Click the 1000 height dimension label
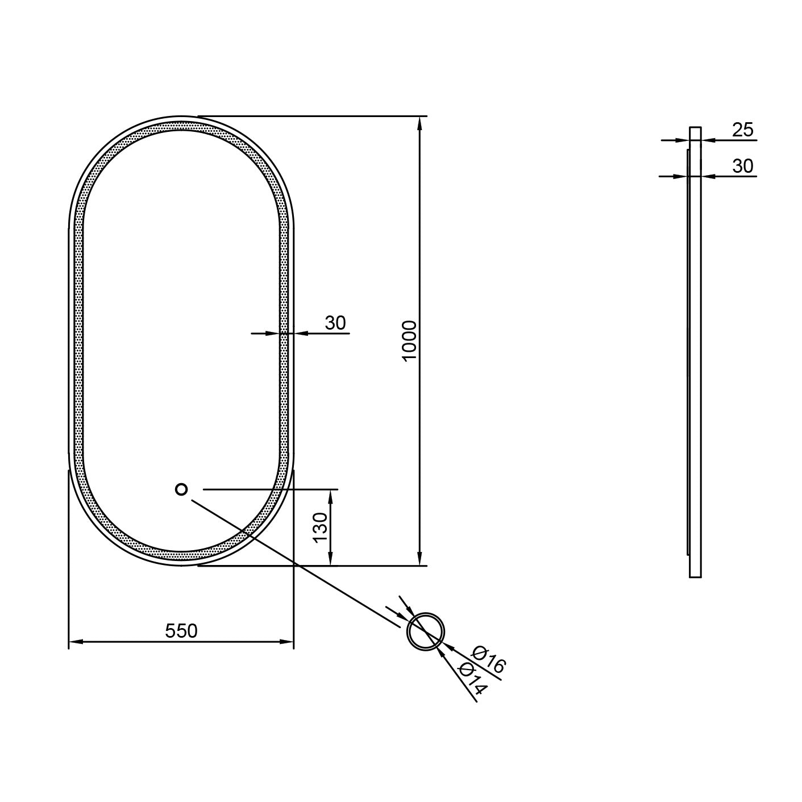point(409,339)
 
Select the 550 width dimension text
point(181,630)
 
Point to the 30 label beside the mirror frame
point(335,323)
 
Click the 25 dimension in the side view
point(742,130)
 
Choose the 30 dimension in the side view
point(742,166)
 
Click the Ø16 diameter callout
point(489,660)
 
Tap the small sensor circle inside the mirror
point(181,489)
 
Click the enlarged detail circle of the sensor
point(426,631)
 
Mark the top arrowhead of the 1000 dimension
point(419,123)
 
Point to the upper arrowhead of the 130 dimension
point(330,496)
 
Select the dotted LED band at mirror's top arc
point(181,124)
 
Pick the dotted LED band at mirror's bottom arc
point(181,555)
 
